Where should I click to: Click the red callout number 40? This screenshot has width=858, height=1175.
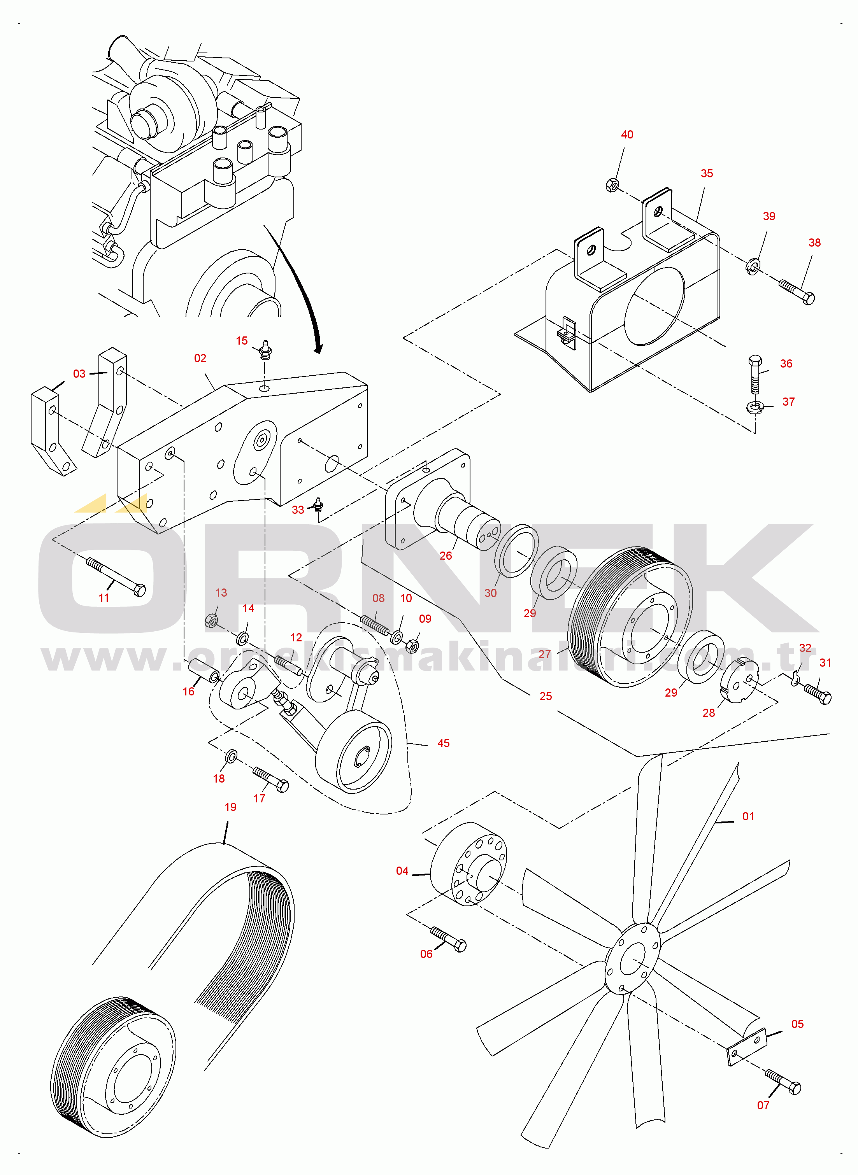(x=627, y=135)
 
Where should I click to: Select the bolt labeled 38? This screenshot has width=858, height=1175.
(x=797, y=292)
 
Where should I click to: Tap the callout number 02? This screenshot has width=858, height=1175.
(x=200, y=358)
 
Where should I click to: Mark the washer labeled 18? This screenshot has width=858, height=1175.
(x=231, y=757)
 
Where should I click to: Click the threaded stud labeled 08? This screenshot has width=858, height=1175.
(x=374, y=624)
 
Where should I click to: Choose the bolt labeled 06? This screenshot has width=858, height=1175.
(x=448, y=939)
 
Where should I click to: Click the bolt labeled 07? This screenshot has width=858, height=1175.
(x=783, y=1082)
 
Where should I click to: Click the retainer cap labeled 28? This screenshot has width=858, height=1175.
(x=739, y=681)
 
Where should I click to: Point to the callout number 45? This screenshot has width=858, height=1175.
(x=444, y=743)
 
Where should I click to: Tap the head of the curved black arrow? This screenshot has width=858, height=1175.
(x=318, y=348)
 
